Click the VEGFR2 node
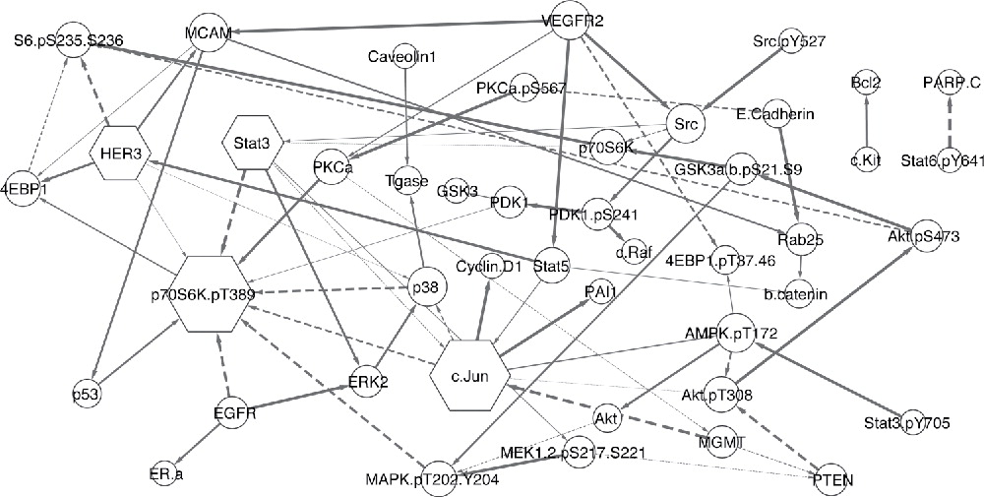573,22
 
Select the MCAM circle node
207,33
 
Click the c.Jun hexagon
469,374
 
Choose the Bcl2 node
865,83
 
